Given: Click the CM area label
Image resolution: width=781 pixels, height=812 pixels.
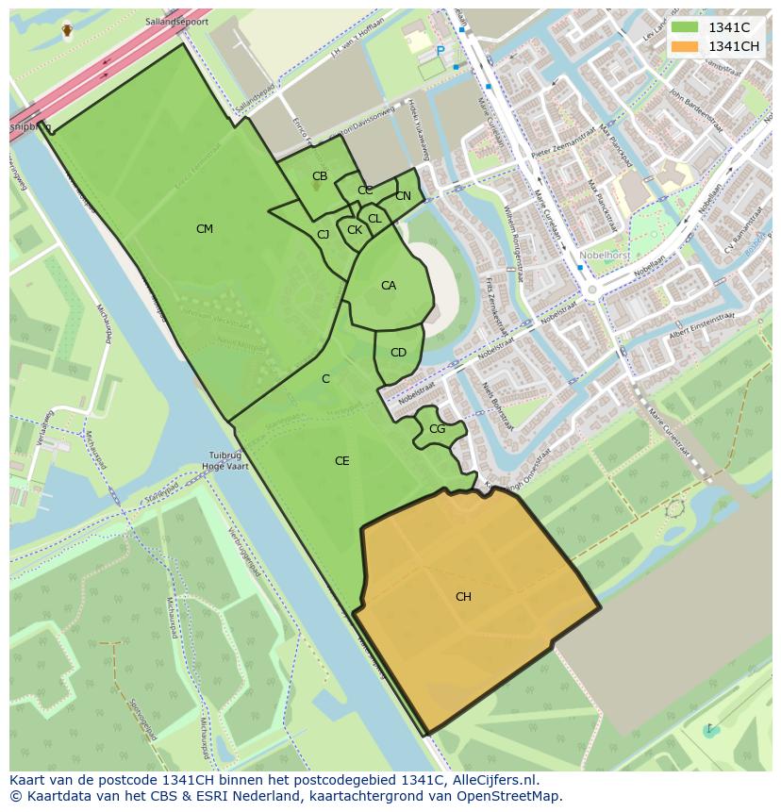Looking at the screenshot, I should click(x=205, y=229).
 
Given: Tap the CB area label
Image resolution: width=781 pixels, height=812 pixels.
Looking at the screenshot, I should click(x=320, y=176).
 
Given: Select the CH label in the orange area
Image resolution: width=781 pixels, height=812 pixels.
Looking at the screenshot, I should click(x=463, y=597).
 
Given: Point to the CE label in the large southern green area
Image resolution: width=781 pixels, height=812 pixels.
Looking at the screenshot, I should click(x=342, y=461).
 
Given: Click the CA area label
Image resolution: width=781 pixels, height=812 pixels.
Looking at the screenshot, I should click(x=389, y=286).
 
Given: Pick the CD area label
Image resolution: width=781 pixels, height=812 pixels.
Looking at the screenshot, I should click(x=398, y=353).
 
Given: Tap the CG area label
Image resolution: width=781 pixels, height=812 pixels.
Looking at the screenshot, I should click(x=437, y=429).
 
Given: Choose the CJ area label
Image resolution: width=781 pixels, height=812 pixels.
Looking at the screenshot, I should click(x=323, y=235).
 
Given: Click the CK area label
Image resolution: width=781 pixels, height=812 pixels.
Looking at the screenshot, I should click(x=355, y=230).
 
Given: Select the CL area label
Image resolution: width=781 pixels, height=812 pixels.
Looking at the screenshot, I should click(x=374, y=219).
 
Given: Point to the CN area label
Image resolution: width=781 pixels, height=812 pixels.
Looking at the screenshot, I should click(x=403, y=196).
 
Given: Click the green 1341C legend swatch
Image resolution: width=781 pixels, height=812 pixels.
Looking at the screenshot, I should click(x=685, y=27).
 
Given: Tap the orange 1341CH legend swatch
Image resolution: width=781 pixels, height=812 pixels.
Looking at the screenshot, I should click(x=685, y=46).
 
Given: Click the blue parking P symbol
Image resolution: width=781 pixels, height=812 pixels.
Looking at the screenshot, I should click(x=440, y=51).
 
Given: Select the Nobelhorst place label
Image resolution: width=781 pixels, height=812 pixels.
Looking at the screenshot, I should click(x=633, y=256).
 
